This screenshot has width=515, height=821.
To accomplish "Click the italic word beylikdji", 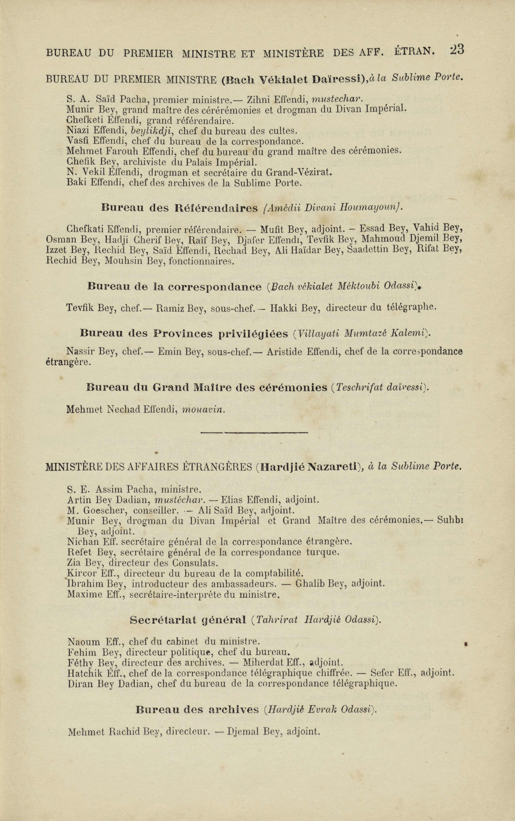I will tap(155, 131).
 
